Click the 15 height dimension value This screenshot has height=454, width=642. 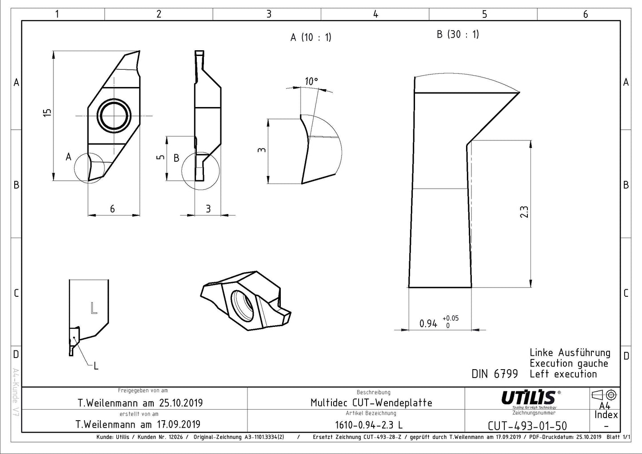48,113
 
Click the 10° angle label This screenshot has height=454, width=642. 311,81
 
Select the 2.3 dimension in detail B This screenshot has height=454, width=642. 524,211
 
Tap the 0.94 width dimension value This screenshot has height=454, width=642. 428,324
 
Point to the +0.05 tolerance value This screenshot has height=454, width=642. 451,318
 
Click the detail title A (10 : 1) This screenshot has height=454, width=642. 311,37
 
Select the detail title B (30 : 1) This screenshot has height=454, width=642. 458,34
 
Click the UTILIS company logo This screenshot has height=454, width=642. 528,397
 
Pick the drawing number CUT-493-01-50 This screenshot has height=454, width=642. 527,426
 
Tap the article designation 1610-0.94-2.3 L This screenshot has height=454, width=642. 369,425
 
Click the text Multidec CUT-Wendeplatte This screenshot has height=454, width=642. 371,403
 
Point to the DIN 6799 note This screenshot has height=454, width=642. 494,374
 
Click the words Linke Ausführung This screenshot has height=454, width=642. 570,353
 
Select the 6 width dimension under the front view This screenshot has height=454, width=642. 112,209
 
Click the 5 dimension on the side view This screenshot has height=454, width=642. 161,157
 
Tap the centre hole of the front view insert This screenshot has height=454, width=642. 115,115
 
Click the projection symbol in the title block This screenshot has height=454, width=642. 604,394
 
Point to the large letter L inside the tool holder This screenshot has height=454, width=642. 93,307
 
